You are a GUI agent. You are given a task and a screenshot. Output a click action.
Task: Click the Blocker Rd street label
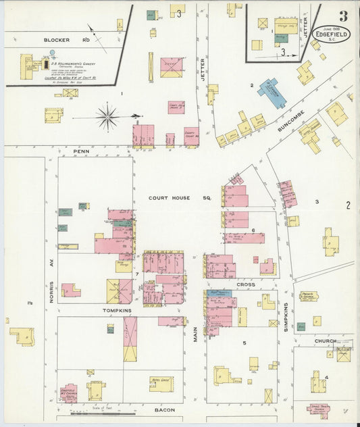tap(57, 40)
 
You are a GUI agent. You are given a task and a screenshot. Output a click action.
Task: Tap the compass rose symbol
tap(107, 117)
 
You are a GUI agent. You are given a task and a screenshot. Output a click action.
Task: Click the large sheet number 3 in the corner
tap(343, 16)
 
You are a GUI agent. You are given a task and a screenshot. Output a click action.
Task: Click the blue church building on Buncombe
tap(271, 93)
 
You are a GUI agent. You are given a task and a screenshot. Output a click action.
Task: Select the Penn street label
tap(82, 153)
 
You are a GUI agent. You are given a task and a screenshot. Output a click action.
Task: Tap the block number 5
tap(244, 343)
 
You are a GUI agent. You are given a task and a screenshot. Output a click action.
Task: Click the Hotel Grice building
tap(161, 383)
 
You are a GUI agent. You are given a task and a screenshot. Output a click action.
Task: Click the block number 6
tap(253, 230)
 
